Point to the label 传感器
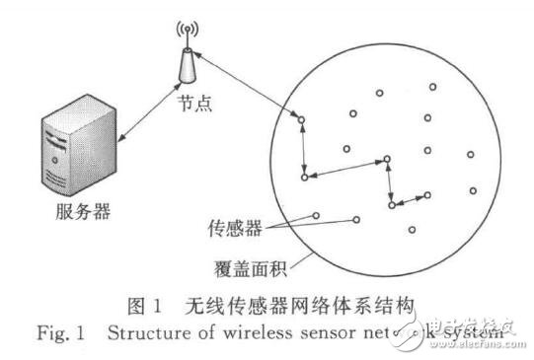coord(238,225)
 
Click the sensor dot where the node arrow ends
coord(303,120)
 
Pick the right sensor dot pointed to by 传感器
coord(357,219)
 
